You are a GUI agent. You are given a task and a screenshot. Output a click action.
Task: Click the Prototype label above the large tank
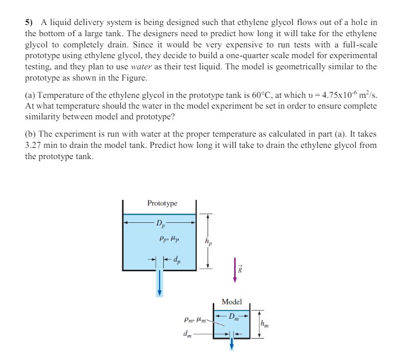[x=162, y=203]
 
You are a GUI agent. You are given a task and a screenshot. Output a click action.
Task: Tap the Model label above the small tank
[x=232, y=302]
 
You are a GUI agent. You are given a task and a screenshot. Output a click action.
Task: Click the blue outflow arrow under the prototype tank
[x=160, y=283]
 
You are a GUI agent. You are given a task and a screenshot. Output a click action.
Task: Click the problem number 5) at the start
[x=29, y=22]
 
